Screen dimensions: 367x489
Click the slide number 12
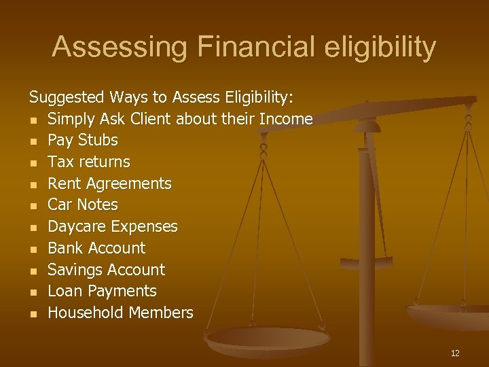(454, 353)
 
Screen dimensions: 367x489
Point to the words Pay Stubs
(83, 141)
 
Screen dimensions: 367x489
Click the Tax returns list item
(88, 162)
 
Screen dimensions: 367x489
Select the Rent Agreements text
(109, 183)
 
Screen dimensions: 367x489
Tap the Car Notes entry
(83, 205)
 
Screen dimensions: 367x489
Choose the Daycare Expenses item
(112, 226)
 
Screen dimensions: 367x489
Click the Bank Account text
(96, 248)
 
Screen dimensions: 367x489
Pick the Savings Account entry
(106, 270)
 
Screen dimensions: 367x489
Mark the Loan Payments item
(102, 291)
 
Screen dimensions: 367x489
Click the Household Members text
(120, 313)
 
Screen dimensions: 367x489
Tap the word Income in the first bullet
(285, 119)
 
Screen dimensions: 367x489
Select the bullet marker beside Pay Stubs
(33, 141)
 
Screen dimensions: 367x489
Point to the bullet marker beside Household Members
(33, 313)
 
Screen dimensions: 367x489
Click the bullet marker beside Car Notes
(33, 205)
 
